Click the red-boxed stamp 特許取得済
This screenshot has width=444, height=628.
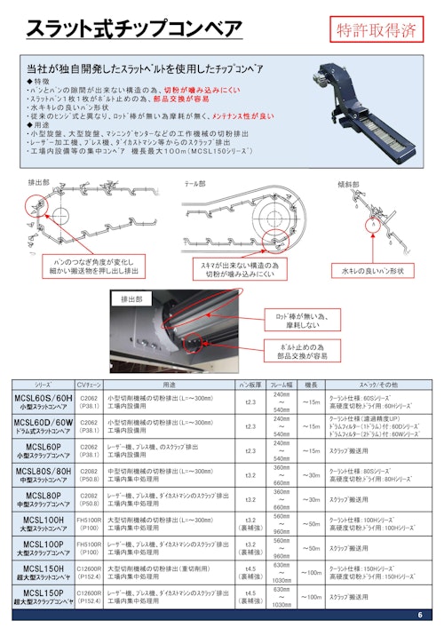click(x=377, y=29)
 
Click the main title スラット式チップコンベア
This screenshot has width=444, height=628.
click(x=133, y=29)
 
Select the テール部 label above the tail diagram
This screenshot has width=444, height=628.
click(x=194, y=181)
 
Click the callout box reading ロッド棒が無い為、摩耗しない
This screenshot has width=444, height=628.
click(x=300, y=319)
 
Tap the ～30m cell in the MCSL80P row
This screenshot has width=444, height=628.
click(x=311, y=500)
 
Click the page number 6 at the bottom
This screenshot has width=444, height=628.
click(x=419, y=616)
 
